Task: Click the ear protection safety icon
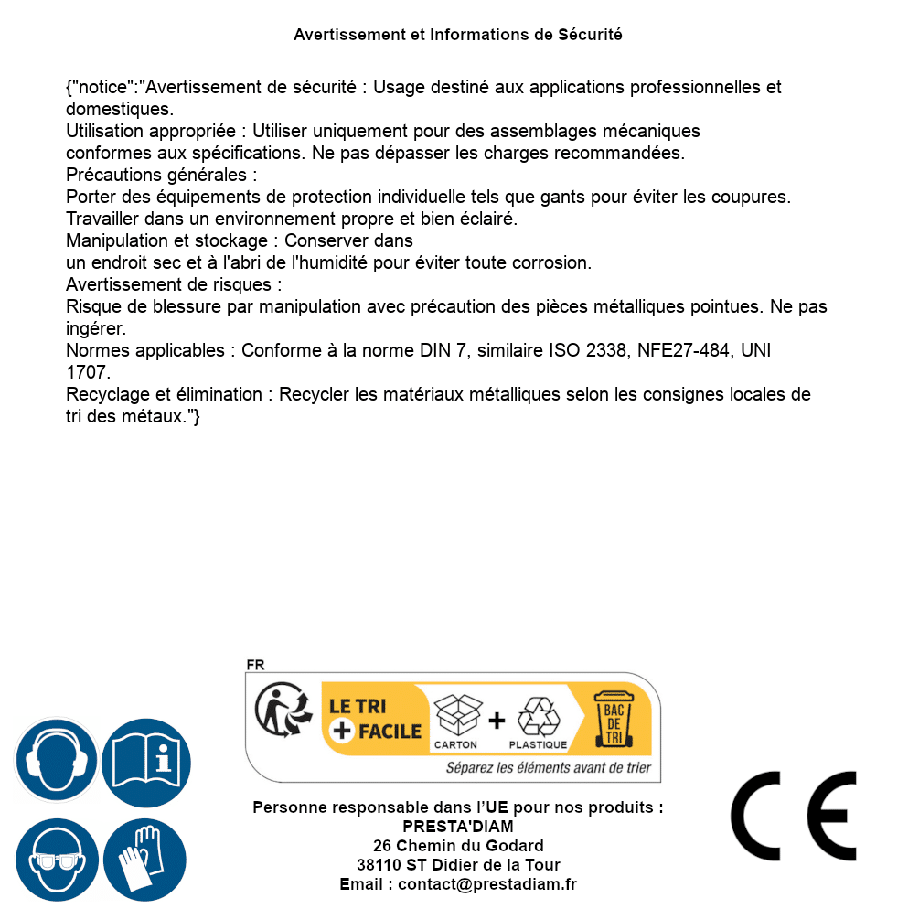(57, 760)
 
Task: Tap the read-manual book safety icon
(146, 760)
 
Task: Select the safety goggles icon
(57, 860)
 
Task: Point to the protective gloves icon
(144, 860)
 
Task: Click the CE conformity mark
(794, 816)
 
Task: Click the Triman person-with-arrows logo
(280, 711)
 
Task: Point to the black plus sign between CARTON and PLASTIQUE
(497, 721)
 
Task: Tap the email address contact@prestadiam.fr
(487, 884)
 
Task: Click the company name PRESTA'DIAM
(458, 827)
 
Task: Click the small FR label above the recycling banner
(255, 666)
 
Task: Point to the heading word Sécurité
(590, 35)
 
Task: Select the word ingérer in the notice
(96, 326)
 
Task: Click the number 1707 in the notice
(88, 372)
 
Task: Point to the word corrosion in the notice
(554, 262)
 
